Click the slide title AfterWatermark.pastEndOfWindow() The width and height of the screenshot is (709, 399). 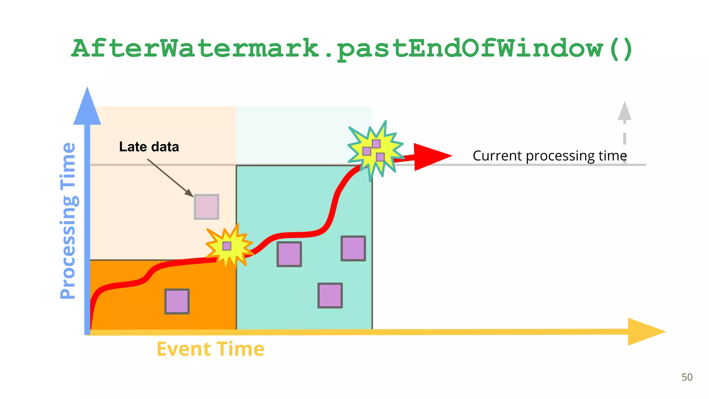click(x=352, y=48)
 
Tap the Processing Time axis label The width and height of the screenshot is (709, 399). click(x=68, y=221)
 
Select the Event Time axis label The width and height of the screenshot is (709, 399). click(x=210, y=349)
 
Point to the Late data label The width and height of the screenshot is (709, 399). click(x=149, y=147)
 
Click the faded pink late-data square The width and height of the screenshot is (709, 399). click(x=207, y=207)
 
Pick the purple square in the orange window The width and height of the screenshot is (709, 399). click(x=177, y=301)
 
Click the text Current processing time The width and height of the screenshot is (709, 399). click(x=550, y=156)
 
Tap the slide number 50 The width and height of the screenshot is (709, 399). click(x=687, y=377)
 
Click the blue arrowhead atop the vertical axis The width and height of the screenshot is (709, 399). click(x=87, y=107)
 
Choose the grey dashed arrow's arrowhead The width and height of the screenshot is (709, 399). click(x=625, y=112)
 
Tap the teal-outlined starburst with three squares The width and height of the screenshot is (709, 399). click(x=375, y=151)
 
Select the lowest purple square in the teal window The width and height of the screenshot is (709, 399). click(x=330, y=295)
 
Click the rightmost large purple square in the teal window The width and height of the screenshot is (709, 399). click(x=353, y=248)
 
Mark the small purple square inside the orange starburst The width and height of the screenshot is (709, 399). click(x=227, y=246)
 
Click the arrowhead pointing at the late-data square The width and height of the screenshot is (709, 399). click(x=189, y=193)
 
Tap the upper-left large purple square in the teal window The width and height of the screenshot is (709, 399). click(x=289, y=254)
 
